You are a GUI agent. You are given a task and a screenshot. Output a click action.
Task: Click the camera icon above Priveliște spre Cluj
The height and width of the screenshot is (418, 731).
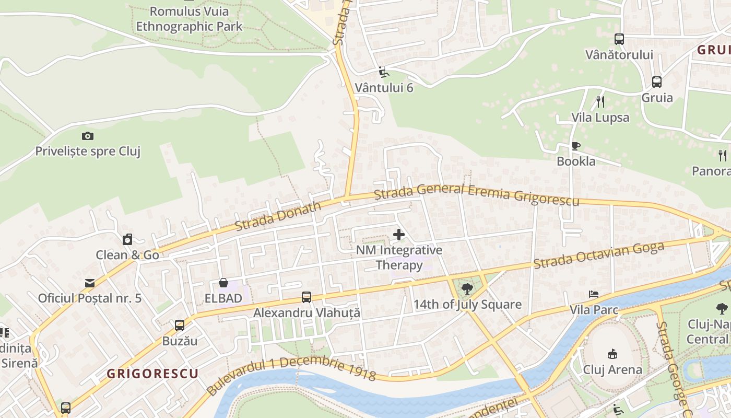point(88,136)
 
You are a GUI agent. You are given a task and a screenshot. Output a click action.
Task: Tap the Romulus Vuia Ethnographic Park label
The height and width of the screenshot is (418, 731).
point(189,18)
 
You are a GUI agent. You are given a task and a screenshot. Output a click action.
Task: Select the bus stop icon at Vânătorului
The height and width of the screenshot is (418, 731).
point(619,39)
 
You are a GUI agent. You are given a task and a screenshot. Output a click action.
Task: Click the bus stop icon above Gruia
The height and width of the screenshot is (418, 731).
point(657,82)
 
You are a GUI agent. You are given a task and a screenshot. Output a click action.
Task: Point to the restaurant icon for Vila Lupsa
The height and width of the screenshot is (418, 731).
point(600,101)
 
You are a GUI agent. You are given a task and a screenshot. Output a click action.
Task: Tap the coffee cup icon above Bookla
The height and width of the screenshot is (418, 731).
point(576,146)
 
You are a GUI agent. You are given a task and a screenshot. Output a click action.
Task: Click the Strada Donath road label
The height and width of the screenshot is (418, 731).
point(278,216)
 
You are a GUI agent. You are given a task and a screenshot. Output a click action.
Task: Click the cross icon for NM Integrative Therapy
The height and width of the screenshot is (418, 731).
point(399,235)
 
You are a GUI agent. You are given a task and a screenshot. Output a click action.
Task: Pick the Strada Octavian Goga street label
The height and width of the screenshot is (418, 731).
point(598,256)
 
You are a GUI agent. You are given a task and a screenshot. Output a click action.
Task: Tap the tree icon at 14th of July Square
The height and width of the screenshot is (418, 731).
point(467,288)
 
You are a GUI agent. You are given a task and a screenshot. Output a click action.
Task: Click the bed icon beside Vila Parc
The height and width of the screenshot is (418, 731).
point(594,294)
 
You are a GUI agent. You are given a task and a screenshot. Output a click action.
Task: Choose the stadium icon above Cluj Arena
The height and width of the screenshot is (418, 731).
point(612,354)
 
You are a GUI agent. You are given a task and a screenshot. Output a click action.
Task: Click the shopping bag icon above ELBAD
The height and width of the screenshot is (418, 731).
point(223,283)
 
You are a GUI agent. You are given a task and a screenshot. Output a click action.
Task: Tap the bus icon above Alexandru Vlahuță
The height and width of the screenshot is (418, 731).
point(306,297)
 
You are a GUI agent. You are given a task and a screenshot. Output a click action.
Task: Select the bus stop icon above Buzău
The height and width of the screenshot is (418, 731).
point(180,326)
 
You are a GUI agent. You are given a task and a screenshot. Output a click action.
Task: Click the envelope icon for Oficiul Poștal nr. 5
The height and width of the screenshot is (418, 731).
point(90,283)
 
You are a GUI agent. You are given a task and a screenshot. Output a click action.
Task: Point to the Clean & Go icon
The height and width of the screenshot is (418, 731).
point(127,240)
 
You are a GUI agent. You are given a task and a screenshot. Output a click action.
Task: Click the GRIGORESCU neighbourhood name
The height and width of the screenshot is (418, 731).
point(152,374)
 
